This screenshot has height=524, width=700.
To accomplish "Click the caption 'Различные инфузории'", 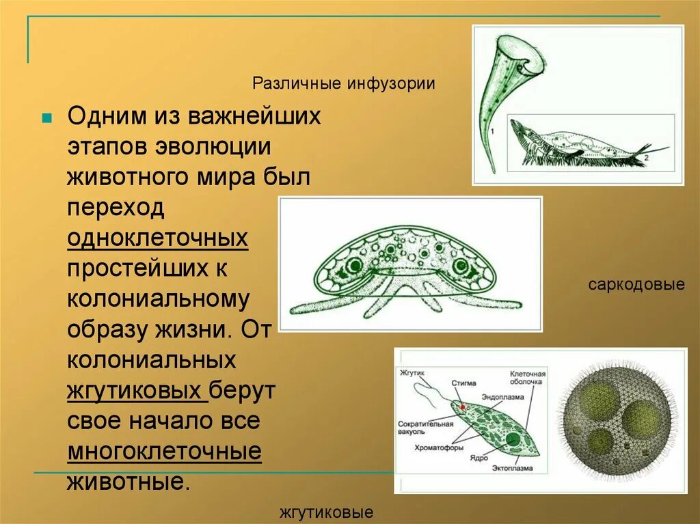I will click(x=344, y=84).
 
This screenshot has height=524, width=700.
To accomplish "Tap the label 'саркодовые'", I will click(x=636, y=284).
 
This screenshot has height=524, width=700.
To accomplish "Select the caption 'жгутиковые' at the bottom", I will click(x=326, y=512).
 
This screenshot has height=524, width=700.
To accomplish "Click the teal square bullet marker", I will click(x=46, y=118).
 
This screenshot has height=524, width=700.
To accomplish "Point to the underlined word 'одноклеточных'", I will click(x=157, y=238).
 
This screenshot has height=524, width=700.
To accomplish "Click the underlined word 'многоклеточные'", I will click(x=164, y=452).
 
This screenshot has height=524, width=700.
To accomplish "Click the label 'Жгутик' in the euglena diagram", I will click(x=412, y=373).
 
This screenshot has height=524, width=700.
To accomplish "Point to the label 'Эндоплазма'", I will click(x=502, y=397).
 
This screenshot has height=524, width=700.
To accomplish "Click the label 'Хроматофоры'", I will click(x=439, y=448).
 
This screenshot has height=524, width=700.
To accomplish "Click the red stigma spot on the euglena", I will click(x=463, y=407).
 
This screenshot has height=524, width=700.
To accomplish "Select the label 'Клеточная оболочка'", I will click(x=527, y=378).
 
